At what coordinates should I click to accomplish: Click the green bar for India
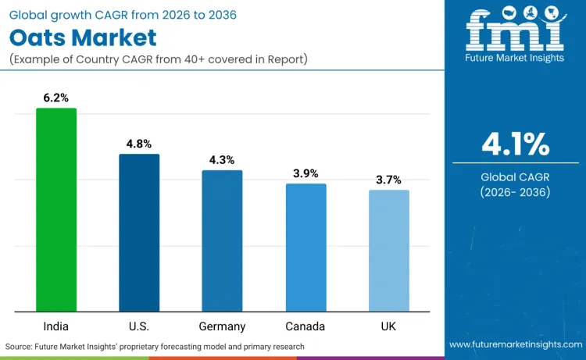[x=56, y=209]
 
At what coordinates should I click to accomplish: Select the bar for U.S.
[x=139, y=233]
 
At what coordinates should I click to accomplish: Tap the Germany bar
[x=222, y=241]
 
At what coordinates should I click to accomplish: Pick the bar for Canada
[x=306, y=248]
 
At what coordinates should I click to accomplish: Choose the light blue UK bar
[x=388, y=251]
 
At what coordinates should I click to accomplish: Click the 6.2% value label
[x=56, y=98]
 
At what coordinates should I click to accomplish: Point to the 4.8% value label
[x=139, y=144]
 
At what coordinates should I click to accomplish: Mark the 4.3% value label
[x=222, y=160]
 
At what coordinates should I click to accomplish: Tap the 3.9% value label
[x=306, y=173]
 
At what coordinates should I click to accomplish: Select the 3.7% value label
[x=388, y=180]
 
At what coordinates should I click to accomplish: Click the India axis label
[x=56, y=326]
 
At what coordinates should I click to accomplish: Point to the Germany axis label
[x=222, y=326]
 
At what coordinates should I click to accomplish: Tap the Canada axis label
[x=306, y=326]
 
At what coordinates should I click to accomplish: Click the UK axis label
[x=388, y=326]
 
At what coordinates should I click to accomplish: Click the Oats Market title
[x=83, y=37]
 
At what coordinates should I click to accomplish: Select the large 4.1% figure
[x=515, y=144]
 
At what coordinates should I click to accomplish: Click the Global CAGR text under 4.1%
[x=515, y=176]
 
